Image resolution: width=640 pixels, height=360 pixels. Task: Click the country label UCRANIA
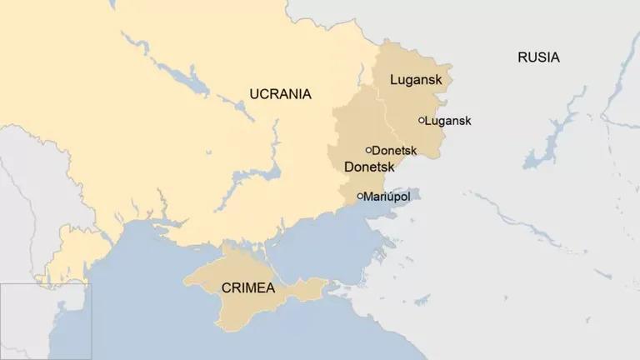point(280,94)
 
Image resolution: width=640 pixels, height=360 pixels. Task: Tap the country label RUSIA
point(538,57)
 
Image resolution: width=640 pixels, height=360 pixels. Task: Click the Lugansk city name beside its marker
point(448,121)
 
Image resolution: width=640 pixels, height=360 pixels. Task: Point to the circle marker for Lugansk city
point(422,120)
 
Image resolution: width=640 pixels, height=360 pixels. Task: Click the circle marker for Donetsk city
point(368,150)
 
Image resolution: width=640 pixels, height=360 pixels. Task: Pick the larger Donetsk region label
point(368,167)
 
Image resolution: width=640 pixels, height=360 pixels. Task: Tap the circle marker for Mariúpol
point(360,197)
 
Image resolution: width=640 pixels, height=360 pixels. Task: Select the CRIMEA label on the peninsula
point(249,287)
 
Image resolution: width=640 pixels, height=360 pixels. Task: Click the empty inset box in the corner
point(45,321)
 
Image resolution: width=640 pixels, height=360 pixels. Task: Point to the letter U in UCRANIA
point(254,94)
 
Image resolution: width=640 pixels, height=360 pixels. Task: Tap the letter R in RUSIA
point(522,57)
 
